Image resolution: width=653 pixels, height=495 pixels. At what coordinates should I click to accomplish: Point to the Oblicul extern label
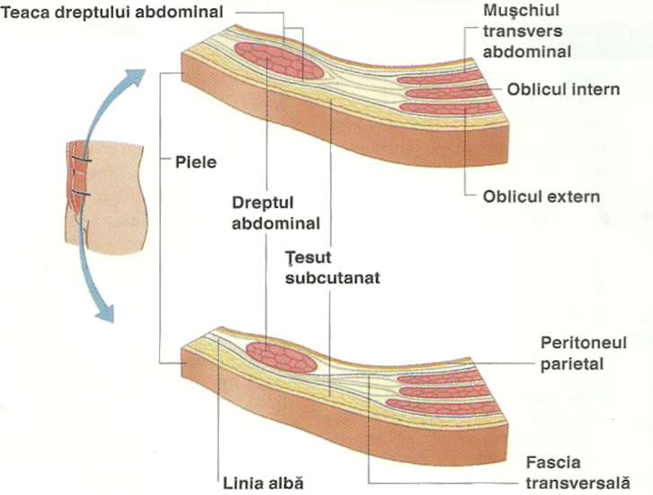click(541, 195)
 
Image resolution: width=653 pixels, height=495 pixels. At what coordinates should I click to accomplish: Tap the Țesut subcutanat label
click(332, 267)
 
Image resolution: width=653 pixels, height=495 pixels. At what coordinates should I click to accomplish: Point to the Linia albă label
click(260, 481)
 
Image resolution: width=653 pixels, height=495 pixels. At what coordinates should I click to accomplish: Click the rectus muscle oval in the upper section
click(280, 61)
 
